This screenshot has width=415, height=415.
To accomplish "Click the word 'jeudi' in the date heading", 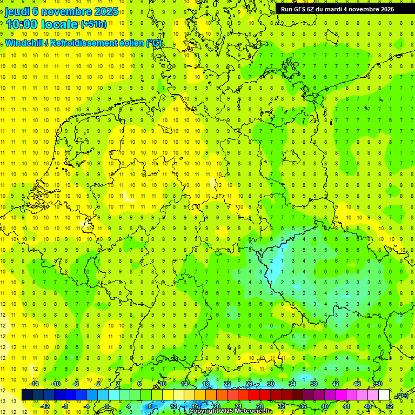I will pyautogui.click(x=18, y=11).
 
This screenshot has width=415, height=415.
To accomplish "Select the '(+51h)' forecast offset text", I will pyautogui.click(x=93, y=24).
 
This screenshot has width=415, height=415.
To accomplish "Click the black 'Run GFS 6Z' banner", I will pyautogui.click(x=337, y=9).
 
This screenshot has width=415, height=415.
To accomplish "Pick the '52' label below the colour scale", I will pyautogui.click(x=390, y=406).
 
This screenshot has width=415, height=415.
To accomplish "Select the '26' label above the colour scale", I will pyautogui.click(x=249, y=384).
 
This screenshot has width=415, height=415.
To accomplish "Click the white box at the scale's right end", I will pyautogui.click(x=384, y=394).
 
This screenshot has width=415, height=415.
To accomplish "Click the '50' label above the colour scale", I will pyautogui.click(x=378, y=384).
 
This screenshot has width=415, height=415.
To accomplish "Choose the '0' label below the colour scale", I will pyautogui.click(x=107, y=406).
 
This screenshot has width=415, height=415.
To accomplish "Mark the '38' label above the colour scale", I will pyautogui.click(x=314, y=384).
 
